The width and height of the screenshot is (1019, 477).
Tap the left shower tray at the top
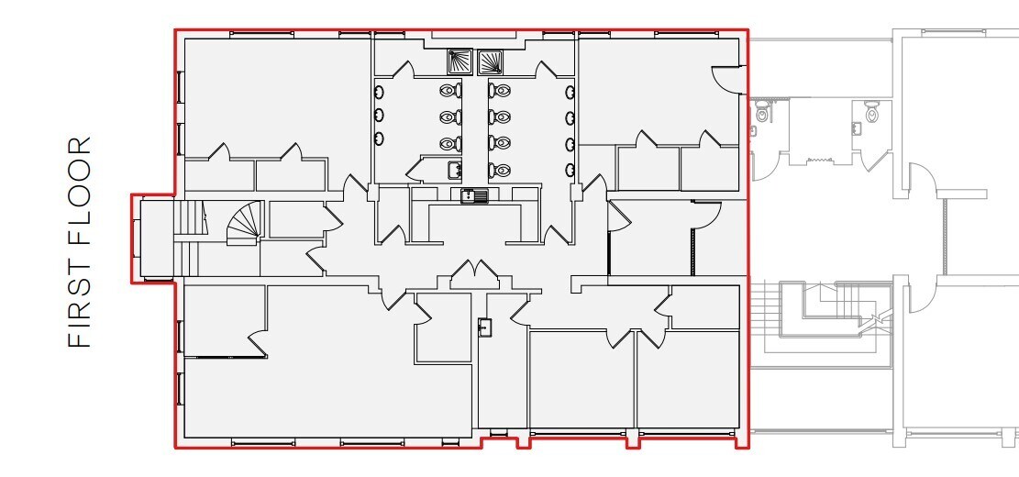[459, 61]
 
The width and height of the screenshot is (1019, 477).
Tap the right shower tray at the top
[491, 61]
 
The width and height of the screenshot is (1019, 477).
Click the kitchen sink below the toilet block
[473, 194]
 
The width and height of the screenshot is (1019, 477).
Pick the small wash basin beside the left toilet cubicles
[453, 169]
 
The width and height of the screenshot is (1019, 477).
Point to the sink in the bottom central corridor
[483, 327]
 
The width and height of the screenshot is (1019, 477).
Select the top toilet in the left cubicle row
[449, 91]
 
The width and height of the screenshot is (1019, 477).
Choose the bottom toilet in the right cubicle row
[500, 170]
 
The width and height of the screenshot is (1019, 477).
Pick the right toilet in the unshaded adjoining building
[871, 115]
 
